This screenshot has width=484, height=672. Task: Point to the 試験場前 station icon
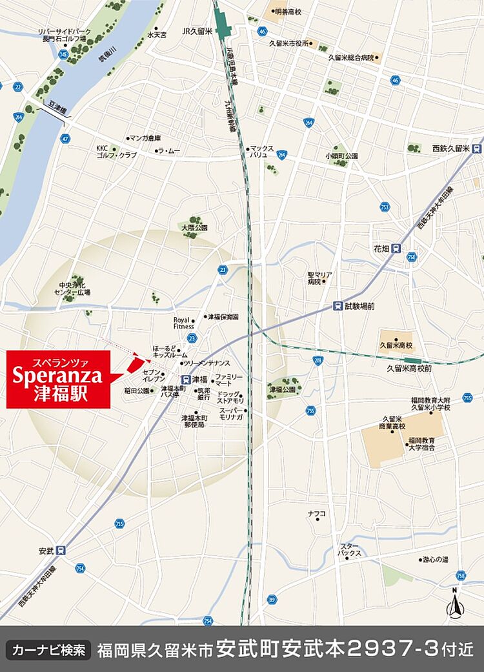pos(338,306)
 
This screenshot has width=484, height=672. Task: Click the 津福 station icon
pos(186,380)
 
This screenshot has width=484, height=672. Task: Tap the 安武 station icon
pos(61,551)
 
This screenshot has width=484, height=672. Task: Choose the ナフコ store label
pos(316,513)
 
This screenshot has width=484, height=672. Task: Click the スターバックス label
pos(351,550)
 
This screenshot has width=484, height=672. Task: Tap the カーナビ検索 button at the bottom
pos(48,649)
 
